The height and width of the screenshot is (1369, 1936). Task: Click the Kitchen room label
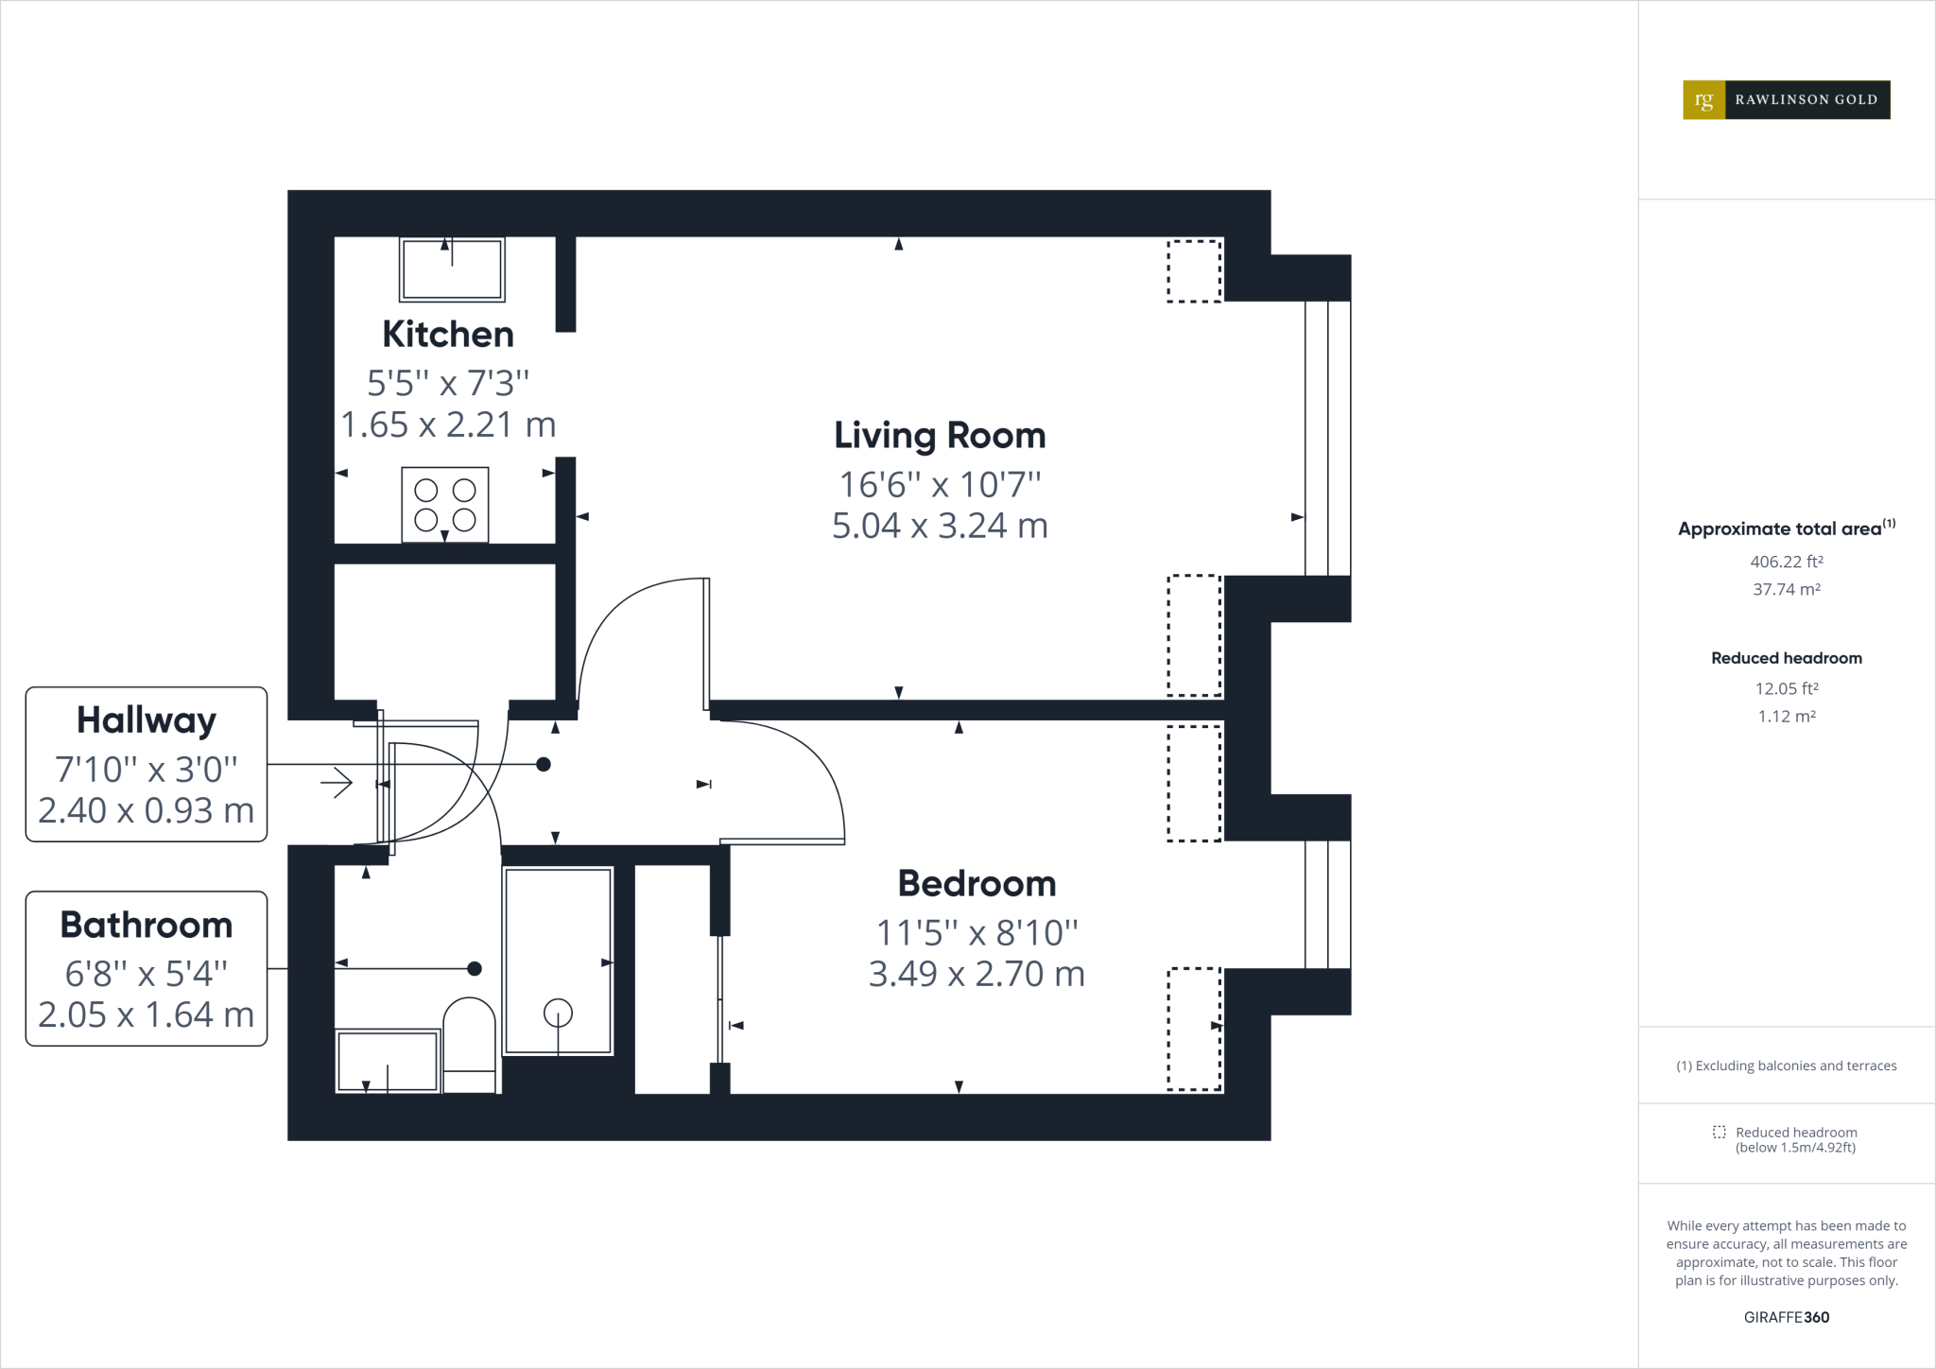tap(448, 335)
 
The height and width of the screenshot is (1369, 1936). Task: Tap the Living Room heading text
tap(940, 436)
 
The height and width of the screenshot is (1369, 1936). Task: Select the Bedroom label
tap(977, 884)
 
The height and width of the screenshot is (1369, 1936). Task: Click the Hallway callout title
tap(147, 720)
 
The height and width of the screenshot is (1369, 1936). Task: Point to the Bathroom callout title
tap(147, 925)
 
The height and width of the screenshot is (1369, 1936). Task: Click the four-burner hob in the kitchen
tap(445, 505)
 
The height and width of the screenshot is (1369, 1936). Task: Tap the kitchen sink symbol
tap(452, 269)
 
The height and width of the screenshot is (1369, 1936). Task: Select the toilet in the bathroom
tap(470, 1045)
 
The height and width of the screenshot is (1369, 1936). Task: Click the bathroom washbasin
tap(388, 1063)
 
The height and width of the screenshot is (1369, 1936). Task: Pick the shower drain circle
tap(559, 1014)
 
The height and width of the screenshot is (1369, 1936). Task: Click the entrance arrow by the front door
tap(337, 783)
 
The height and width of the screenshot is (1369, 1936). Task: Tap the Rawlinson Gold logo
tap(1786, 99)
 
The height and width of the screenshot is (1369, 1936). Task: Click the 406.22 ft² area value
tap(1786, 562)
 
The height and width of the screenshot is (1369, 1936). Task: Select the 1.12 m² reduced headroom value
tap(1786, 717)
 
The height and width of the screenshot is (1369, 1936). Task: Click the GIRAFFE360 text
tap(1786, 1317)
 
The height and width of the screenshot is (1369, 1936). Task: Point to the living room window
tap(1327, 438)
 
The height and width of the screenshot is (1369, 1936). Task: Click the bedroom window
tap(1327, 904)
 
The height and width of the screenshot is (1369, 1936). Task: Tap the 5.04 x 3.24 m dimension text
tap(940, 526)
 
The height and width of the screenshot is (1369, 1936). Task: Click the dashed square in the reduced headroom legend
tap(1719, 1132)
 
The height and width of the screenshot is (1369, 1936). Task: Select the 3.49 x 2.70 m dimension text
tap(977, 974)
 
